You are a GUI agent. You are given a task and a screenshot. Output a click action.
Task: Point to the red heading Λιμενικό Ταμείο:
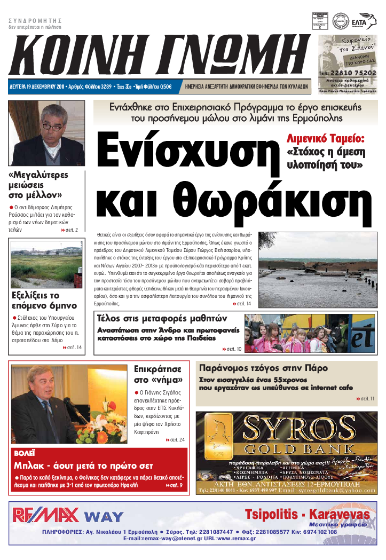[326, 138]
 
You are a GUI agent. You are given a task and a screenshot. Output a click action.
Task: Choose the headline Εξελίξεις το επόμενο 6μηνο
[44, 301]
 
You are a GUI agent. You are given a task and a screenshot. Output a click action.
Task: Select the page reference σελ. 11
[366, 399]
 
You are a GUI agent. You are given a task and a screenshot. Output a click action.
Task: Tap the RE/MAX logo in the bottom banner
[46, 515]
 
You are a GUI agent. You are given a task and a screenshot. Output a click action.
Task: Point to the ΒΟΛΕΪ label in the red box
[25, 453]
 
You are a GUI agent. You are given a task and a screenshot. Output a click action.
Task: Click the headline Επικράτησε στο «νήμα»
[158, 374]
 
